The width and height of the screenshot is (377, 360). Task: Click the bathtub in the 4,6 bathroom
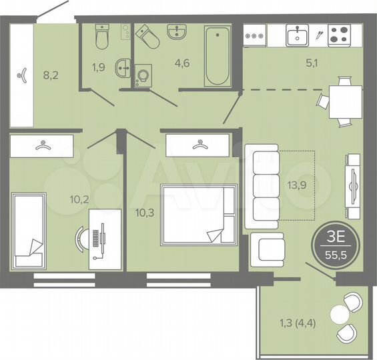tap(218, 55)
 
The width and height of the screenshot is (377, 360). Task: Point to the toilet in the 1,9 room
tap(102, 38)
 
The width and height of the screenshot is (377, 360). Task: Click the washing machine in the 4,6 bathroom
tap(142, 76)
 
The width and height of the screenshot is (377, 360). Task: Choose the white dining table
tap(346, 101)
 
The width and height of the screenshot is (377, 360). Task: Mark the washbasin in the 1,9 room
tap(122, 67)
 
